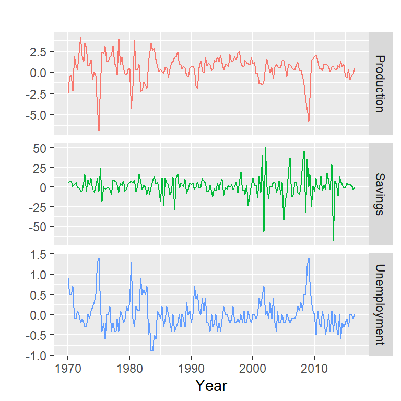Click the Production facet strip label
click(381, 84)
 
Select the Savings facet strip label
click(381, 193)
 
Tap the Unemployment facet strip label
click(381, 304)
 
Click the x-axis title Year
click(211, 385)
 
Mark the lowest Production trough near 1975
click(99, 130)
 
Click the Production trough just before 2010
click(309, 121)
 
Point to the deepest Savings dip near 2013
click(333, 241)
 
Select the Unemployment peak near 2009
click(309, 258)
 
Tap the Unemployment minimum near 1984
click(151, 351)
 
